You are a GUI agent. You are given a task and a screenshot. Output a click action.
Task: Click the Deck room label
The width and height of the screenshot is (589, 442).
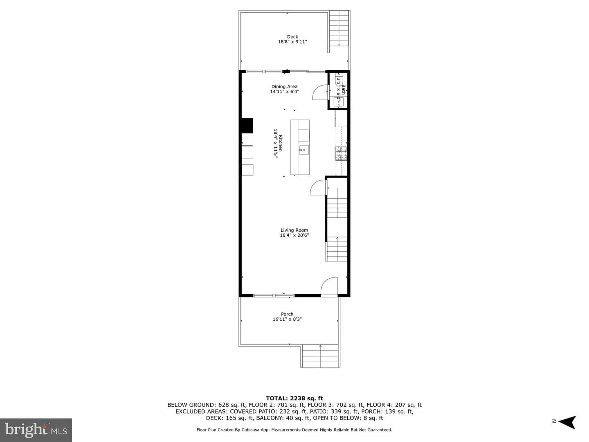tap(292, 37)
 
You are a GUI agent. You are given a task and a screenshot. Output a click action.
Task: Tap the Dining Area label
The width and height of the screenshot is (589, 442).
tap(284, 86)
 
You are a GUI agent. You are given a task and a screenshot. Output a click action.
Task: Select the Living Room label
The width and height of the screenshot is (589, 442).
tap(294, 230)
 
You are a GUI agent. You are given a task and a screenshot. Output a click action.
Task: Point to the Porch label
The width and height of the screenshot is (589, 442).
tap(287, 314)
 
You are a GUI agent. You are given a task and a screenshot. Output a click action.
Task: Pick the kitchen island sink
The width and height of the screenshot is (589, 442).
tap(304, 150)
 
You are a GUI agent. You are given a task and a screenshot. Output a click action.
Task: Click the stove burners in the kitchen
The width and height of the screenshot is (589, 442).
tap(341, 153)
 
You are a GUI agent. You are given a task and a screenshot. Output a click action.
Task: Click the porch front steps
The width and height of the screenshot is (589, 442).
tap(320, 356)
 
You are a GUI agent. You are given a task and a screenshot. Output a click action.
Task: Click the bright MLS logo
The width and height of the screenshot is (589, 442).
tap(36, 430)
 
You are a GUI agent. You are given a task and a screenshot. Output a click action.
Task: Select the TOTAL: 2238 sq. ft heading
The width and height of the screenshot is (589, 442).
tap(294, 398)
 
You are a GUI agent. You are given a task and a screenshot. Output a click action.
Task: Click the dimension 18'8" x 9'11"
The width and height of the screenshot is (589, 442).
tap(292, 42)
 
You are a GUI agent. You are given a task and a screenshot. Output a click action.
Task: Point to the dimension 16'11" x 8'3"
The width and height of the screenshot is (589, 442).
tap(287, 319)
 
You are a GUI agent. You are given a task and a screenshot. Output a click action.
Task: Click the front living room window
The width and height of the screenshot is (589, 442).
tap(274, 295)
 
